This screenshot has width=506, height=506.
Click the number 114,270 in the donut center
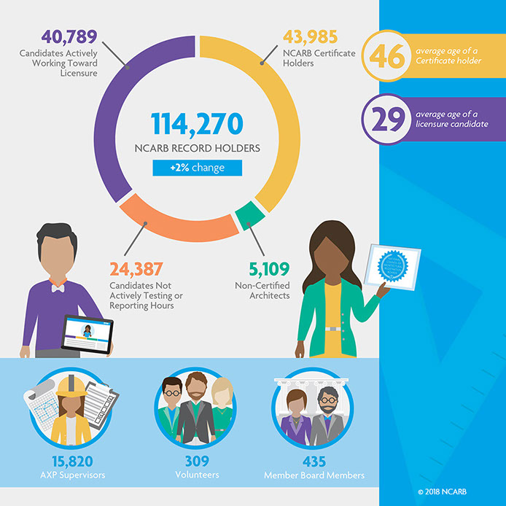(197, 125)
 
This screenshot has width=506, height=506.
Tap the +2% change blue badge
(197, 168)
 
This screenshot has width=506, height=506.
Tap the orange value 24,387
(136, 270)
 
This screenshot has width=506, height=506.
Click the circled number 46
(388, 56)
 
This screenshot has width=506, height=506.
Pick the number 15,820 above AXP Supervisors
(71, 462)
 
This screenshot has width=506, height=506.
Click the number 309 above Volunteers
(197, 462)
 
